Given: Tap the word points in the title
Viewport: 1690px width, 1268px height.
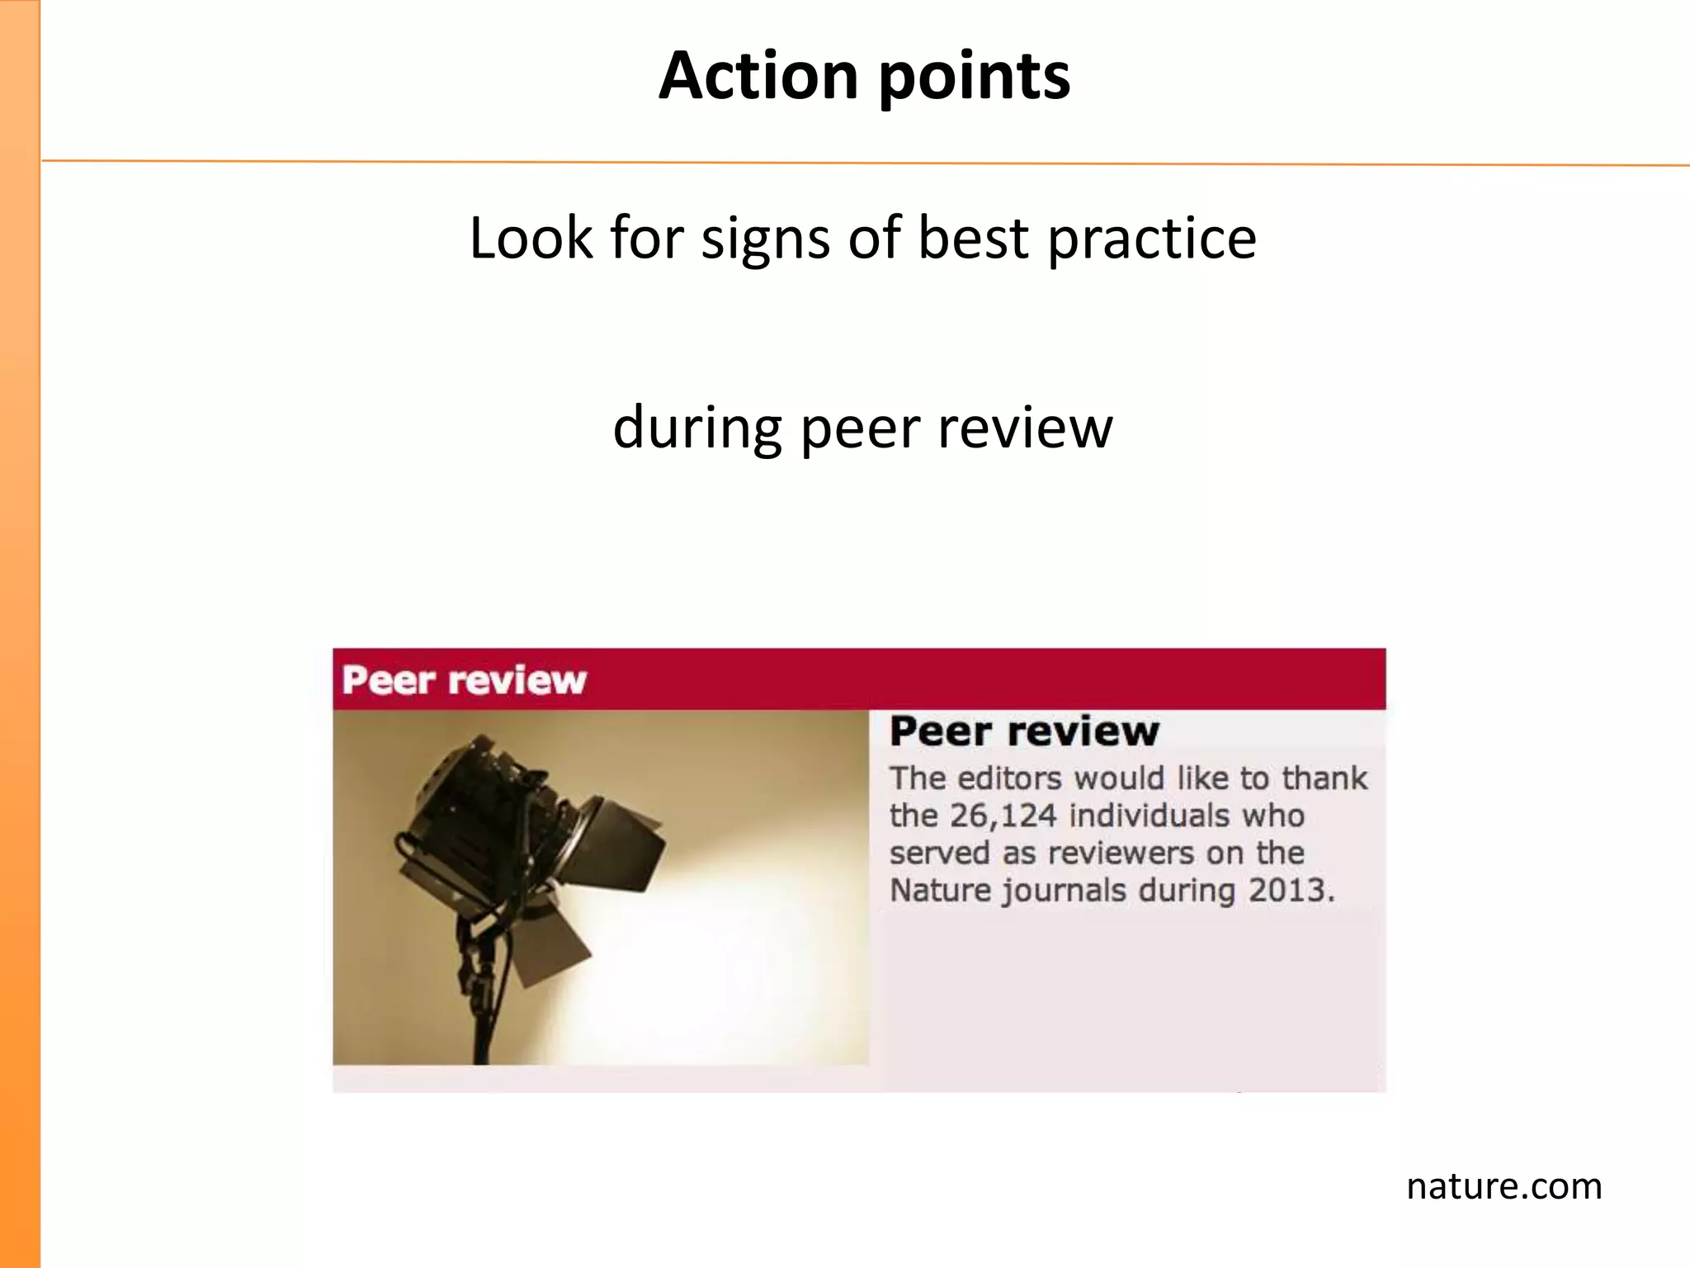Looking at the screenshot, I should coord(975,78).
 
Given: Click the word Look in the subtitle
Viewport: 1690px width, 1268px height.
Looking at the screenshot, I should coord(530,238).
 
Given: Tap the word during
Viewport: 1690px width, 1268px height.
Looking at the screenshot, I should coord(697,428).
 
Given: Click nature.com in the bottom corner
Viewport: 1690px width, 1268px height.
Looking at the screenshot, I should coord(1504,1186).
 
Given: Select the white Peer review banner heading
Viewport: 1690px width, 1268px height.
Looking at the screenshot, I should coord(464,680).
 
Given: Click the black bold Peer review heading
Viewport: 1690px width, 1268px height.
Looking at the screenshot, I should coord(1024,731).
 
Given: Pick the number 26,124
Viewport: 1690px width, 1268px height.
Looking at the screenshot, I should coord(1003,816).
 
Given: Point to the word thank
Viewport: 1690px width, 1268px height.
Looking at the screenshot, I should coord(1324,778).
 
